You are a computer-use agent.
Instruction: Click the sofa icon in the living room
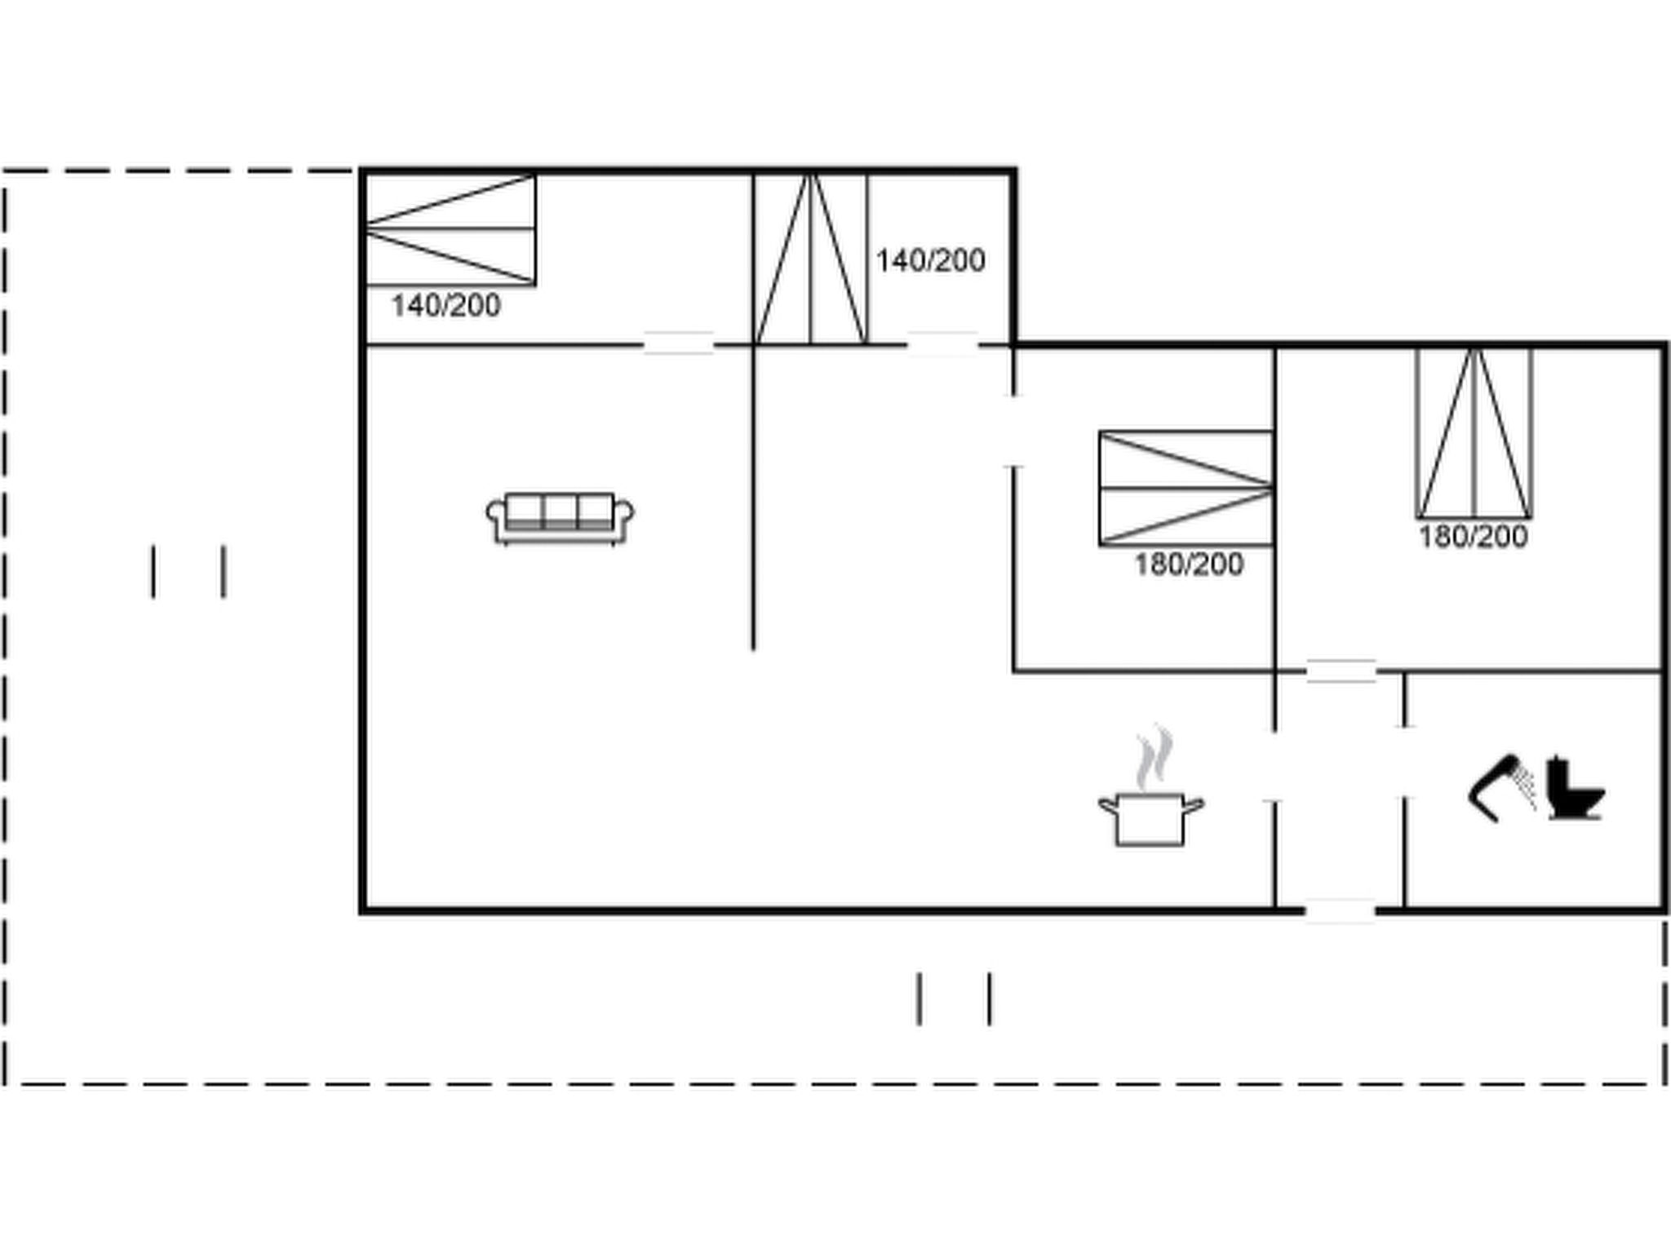561,518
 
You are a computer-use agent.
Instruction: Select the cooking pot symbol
1150,819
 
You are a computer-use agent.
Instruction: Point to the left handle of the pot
1106,806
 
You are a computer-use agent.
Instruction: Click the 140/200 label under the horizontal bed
445,306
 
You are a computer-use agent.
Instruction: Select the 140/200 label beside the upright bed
930,260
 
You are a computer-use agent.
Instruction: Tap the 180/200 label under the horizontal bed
1189,564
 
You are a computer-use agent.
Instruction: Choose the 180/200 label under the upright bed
1473,537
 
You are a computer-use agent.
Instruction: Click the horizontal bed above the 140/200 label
450,229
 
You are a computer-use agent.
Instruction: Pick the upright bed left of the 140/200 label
811,259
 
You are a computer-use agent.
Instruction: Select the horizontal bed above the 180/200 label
1186,489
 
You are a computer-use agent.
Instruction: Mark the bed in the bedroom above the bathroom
1474,433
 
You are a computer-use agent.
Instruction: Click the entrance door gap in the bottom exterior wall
1341,910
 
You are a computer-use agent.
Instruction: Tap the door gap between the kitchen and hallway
1274,766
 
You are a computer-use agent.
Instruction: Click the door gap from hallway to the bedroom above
1341,671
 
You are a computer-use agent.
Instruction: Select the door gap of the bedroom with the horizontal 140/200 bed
679,344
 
